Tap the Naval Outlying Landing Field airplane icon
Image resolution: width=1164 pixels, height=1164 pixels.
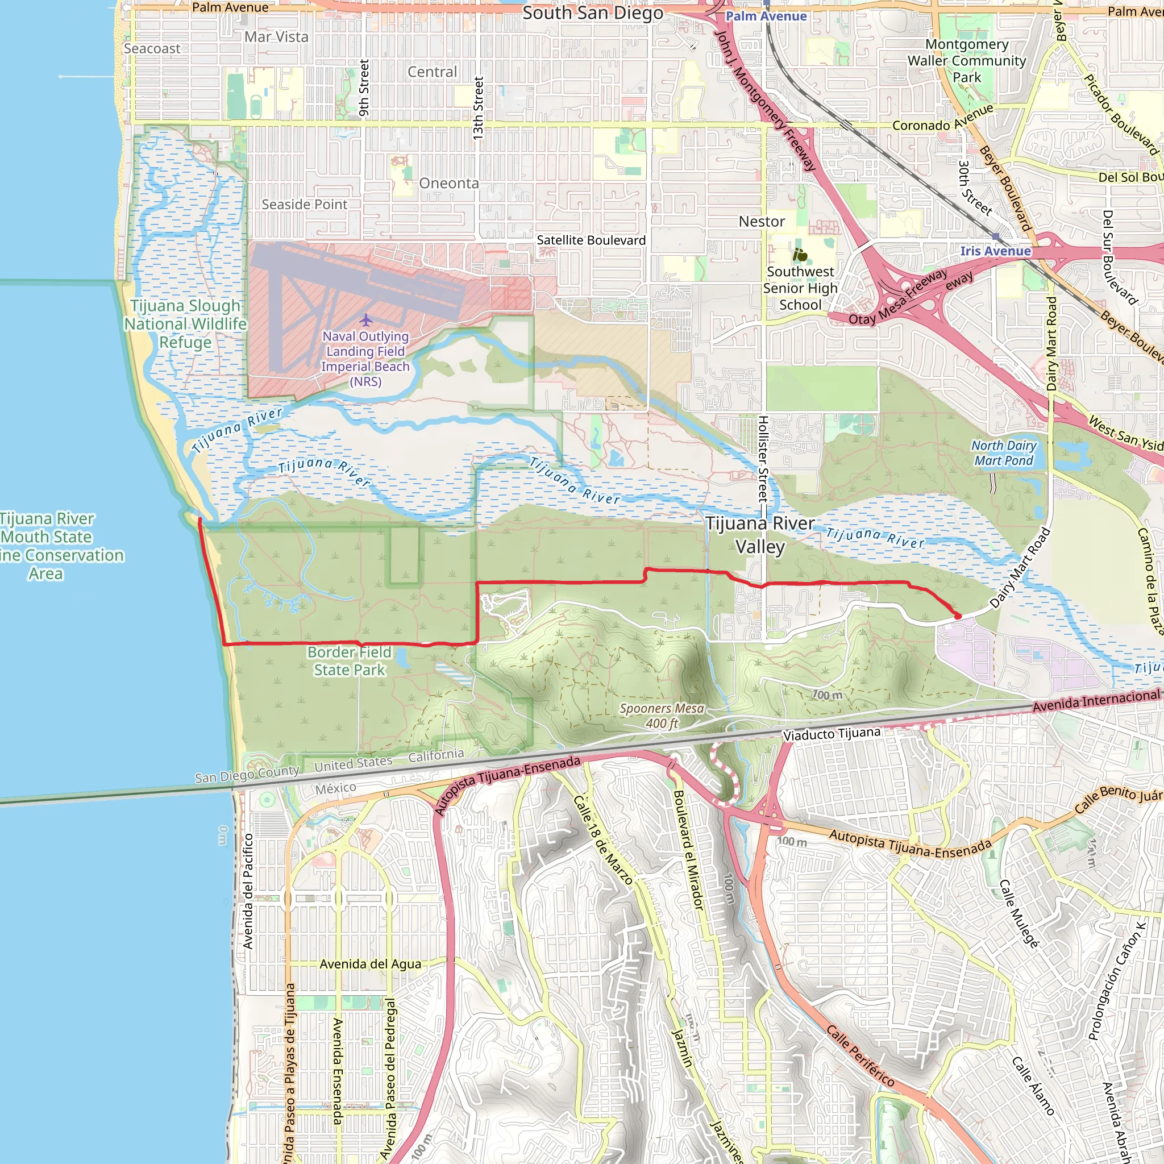tap(365, 319)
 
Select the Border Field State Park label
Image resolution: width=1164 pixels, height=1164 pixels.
tap(350, 661)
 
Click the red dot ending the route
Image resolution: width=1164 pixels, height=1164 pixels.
tap(957, 616)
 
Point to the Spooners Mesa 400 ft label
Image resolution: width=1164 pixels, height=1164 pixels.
tap(662, 716)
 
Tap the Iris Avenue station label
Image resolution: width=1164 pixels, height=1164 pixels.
tap(995, 251)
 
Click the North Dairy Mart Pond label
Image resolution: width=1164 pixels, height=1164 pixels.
tap(1004, 453)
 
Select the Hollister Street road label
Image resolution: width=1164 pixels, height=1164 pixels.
tap(762, 458)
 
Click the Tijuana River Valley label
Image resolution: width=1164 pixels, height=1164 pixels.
tap(760, 534)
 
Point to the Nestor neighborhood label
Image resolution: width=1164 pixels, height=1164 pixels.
tap(762, 222)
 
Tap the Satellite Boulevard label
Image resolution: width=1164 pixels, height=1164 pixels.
tap(591, 240)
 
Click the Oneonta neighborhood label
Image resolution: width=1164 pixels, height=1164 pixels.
tap(449, 183)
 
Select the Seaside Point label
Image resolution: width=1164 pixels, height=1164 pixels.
tap(304, 205)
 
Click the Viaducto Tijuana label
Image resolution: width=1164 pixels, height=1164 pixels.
tap(832, 734)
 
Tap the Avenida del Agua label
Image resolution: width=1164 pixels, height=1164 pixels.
tap(370, 964)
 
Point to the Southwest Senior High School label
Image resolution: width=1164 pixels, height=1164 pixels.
tap(800, 288)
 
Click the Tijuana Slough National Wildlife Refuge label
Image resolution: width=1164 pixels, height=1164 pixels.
tap(185, 323)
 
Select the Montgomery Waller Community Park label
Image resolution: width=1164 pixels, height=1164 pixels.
tap(966, 60)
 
